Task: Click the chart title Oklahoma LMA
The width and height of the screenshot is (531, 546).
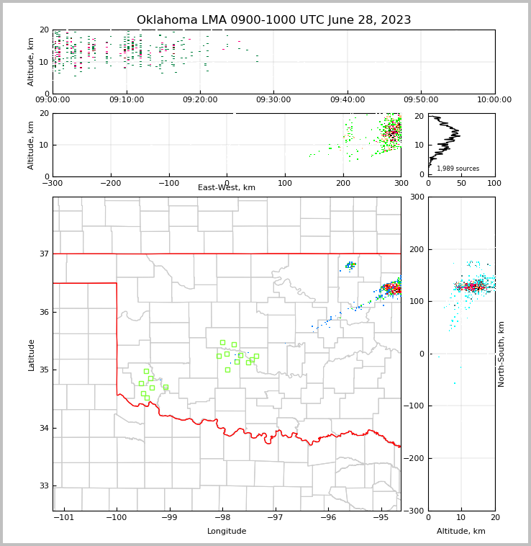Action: point(273,20)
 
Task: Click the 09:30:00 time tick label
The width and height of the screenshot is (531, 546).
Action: point(273,100)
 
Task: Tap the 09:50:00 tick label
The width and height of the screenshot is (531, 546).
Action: point(421,100)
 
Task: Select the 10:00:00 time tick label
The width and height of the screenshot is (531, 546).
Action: point(494,100)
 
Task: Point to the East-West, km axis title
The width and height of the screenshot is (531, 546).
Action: point(227,188)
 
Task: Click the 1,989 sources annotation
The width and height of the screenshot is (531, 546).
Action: point(458,169)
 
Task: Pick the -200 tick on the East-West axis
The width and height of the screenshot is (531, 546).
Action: point(110,183)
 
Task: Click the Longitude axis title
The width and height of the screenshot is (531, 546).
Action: point(227,532)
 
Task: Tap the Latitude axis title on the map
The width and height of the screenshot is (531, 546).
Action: point(31,354)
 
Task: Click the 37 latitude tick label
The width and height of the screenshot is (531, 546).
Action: point(43,254)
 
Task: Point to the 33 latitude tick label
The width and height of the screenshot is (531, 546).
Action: point(43,486)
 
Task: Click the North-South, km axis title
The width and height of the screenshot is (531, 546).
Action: point(501,354)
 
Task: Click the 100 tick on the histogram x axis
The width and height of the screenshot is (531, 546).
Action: point(494,183)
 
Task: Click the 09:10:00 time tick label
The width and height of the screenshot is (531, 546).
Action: point(126,100)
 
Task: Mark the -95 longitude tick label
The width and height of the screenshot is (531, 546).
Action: point(380,518)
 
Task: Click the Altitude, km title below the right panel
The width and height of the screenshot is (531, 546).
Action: point(461,532)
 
